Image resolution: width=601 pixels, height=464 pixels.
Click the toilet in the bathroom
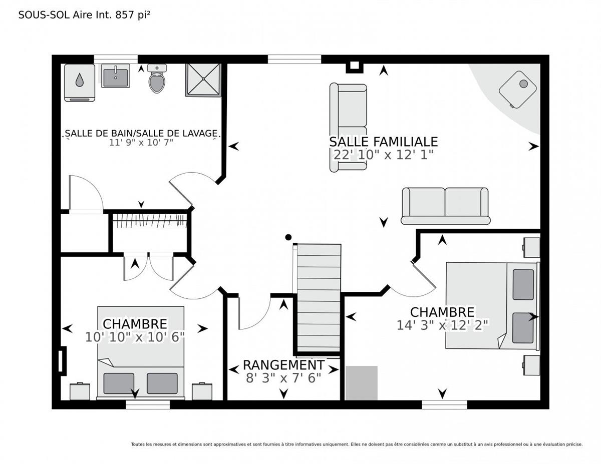(x=157, y=79)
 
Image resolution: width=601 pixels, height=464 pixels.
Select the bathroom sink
(x=115, y=76)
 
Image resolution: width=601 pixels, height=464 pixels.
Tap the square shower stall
(x=203, y=80)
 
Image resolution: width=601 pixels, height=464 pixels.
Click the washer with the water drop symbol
(x=80, y=83)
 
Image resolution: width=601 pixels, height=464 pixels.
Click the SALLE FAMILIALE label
(x=383, y=142)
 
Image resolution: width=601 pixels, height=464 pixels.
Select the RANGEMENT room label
(x=284, y=365)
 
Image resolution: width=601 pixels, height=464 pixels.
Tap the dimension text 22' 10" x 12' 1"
(x=383, y=155)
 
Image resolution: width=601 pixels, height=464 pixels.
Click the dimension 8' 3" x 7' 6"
(x=284, y=378)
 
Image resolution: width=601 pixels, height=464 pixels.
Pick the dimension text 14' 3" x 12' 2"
(x=443, y=325)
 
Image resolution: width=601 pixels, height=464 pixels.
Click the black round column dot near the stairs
(x=288, y=237)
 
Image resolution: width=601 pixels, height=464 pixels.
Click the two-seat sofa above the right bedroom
(x=445, y=206)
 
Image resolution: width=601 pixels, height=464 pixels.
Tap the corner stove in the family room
(x=518, y=89)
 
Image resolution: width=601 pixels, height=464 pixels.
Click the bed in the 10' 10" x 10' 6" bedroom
(x=141, y=352)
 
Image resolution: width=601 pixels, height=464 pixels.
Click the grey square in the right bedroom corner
(x=362, y=383)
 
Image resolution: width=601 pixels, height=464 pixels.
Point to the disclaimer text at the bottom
(x=357, y=444)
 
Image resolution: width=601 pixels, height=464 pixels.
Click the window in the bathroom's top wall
(x=116, y=59)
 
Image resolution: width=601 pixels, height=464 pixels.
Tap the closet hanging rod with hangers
(x=150, y=221)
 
